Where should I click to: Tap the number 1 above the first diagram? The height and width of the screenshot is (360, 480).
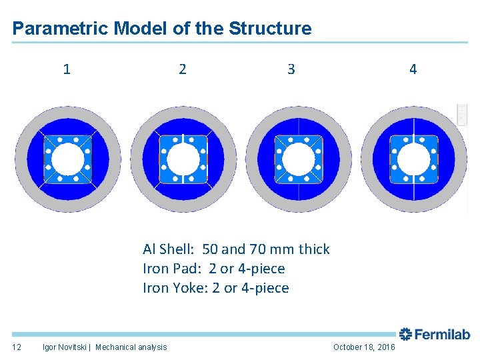67,69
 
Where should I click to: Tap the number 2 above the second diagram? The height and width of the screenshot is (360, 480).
183,69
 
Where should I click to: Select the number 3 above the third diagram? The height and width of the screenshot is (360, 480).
291,69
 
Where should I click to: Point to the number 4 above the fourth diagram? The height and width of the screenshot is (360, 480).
413,69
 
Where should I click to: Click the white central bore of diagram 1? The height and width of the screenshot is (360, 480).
67,159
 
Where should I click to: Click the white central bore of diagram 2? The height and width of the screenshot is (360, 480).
183,159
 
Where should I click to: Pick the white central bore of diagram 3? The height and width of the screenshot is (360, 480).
298,159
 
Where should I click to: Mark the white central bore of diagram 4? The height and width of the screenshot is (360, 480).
413,159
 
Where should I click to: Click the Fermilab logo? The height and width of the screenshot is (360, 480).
435,335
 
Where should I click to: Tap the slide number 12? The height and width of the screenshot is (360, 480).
17,347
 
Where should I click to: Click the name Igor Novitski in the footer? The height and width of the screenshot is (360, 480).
65,347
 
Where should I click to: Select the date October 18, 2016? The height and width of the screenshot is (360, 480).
364,347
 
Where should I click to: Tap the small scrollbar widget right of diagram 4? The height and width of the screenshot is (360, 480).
462,114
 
